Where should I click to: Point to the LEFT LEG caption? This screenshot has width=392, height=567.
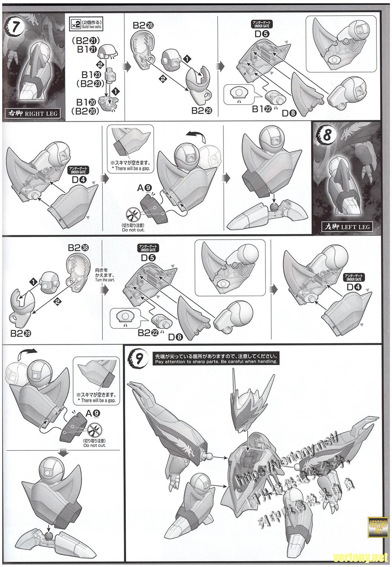click(348, 226)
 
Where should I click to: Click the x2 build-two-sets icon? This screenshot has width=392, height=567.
click(75, 24)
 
